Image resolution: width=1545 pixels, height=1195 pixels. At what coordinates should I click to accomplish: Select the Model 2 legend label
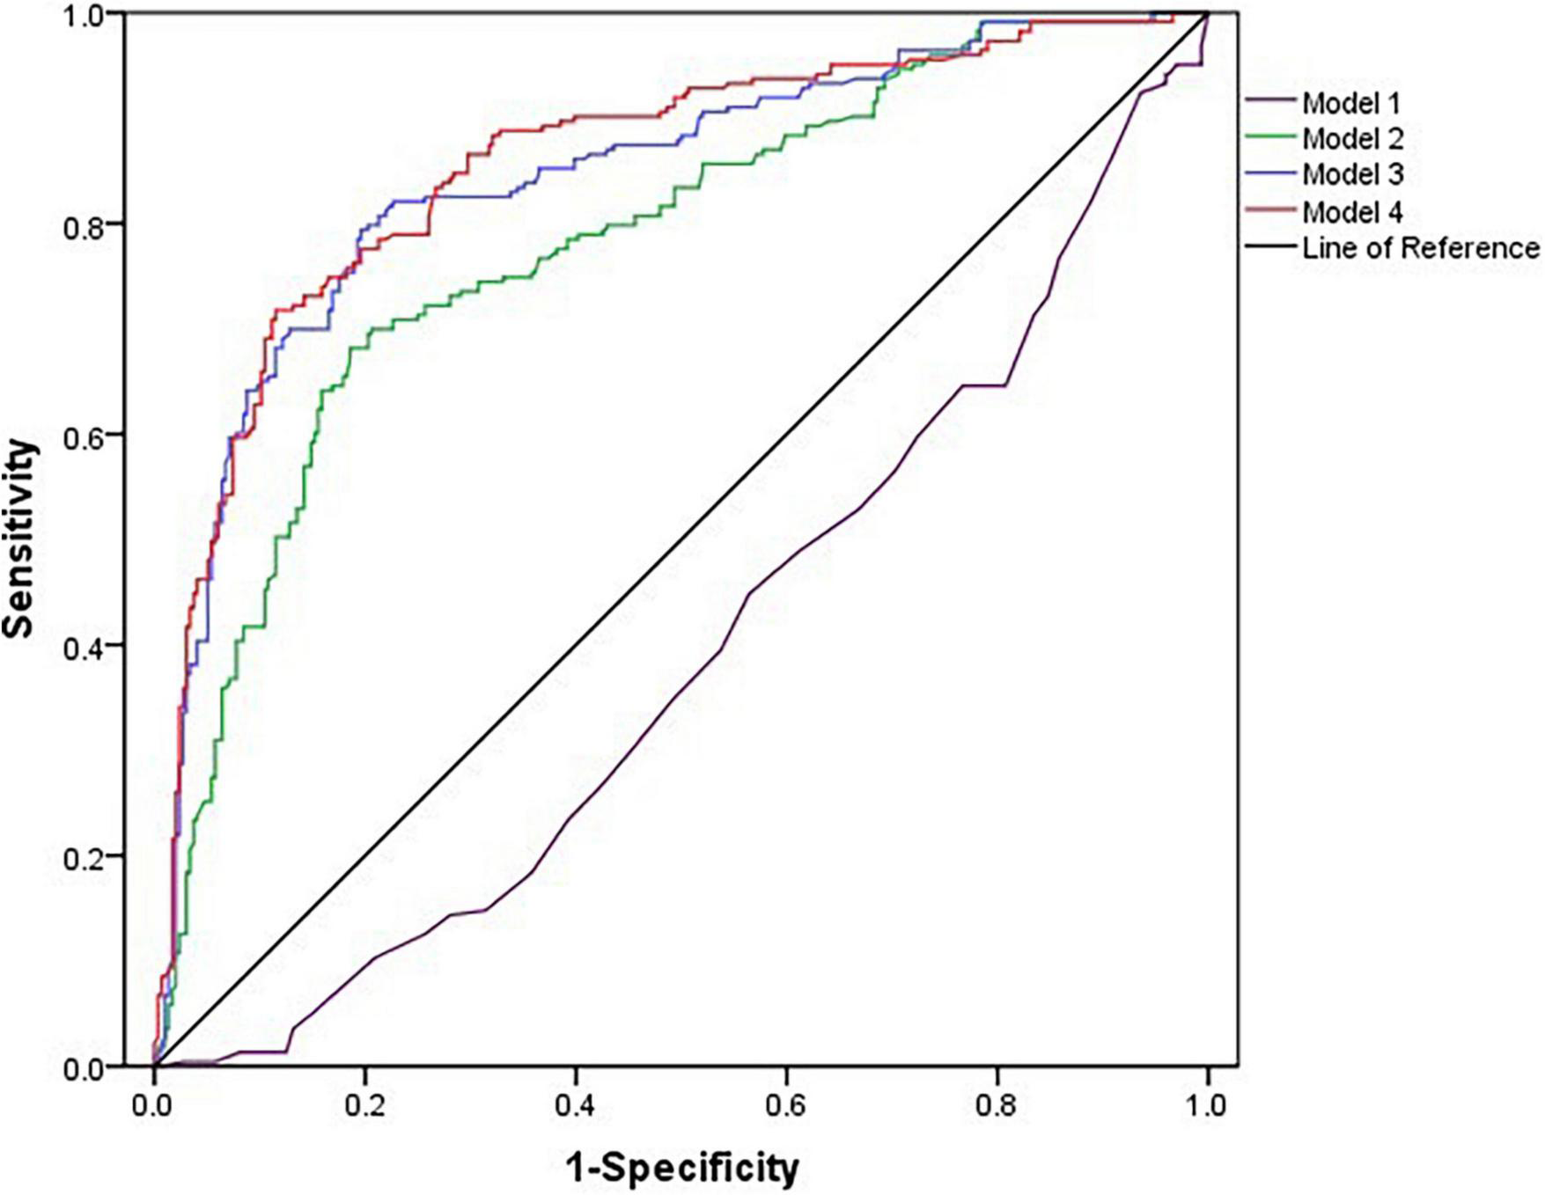(1352, 139)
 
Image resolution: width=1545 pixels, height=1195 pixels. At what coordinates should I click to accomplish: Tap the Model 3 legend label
(1352, 175)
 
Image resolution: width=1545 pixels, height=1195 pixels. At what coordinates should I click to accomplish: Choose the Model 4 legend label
(1352, 212)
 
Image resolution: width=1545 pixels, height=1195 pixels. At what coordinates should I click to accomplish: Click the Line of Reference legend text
(1420, 248)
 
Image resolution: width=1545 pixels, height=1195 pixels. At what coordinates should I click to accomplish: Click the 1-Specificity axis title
(682, 1167)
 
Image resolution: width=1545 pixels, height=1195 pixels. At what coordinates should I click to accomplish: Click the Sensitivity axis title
(19, 539)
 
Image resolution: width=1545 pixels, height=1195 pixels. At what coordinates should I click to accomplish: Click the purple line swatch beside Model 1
(1271, 103)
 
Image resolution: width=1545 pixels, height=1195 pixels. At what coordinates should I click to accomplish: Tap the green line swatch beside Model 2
(1271, 139)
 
